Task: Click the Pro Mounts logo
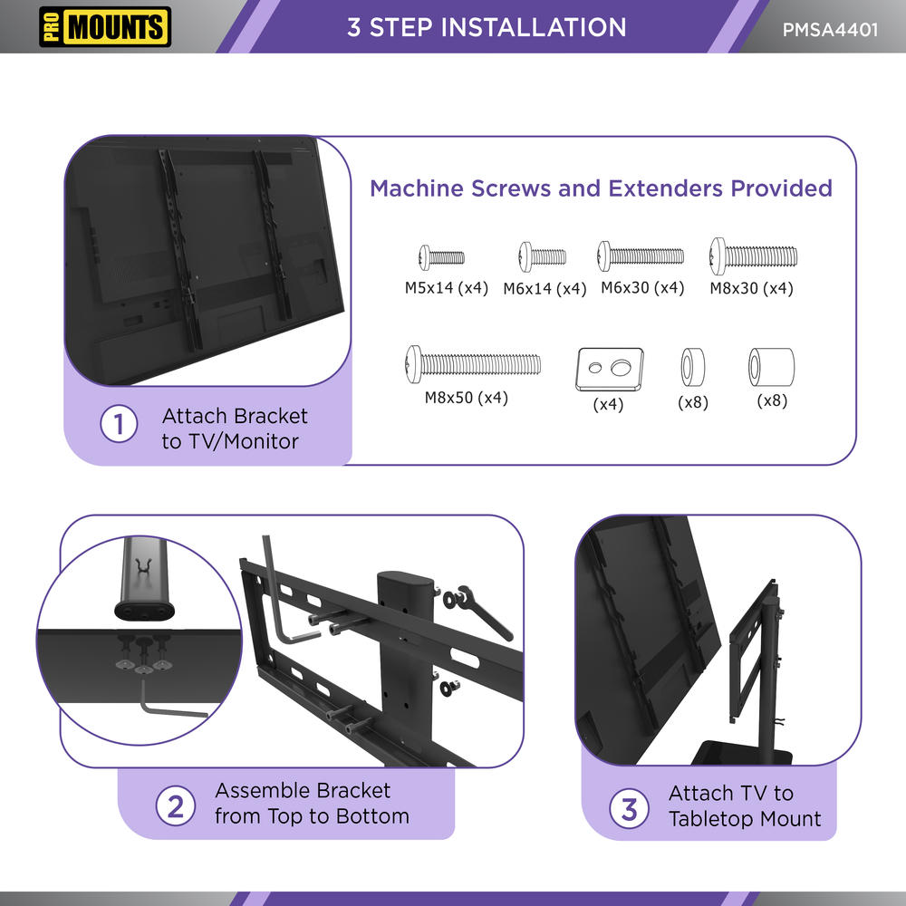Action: click(x=105, y=26)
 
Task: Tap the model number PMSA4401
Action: click(x=830, y=30)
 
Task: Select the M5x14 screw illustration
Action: click(x=441, y=257)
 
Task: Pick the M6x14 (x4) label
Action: click(x=545, y=288)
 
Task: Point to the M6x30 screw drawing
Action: click(x=641, y=256)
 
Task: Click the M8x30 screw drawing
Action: click(x=754, y=256)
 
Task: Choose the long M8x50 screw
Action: click(x=473, y=364)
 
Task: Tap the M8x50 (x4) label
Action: click(x=467, y=398)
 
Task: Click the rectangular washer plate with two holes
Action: click(x=610, y=370)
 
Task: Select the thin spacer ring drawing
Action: click(x=693, y=368)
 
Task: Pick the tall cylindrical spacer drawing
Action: click(x=771, y=367)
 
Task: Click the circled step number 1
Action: click(x=119, y=424)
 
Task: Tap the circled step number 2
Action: click(x=175, y=806)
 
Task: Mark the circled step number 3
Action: click(x=630, y=808)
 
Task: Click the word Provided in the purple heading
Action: click(x=781, y=188)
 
